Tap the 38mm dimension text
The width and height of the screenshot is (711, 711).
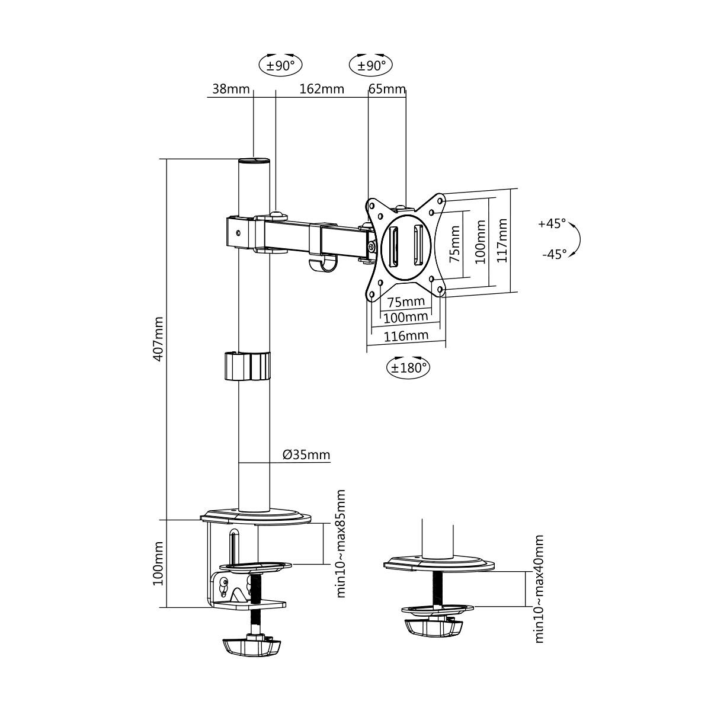click(230, 89)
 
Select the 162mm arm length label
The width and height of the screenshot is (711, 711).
click(321, 89)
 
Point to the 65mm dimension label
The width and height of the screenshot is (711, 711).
click(387, 89)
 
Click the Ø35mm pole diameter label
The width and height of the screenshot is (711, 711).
click(306, 455)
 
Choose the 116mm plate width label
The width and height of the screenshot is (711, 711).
click(406, 336)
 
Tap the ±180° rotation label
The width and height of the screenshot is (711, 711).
click(408, 367)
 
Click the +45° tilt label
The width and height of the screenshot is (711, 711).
click(552, 224)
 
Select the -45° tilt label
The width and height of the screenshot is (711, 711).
click(554, 254)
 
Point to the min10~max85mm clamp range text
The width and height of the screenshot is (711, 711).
click(340, 543)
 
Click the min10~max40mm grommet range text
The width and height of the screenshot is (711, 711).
click(539, 588)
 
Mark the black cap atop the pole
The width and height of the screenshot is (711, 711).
click(253, 161)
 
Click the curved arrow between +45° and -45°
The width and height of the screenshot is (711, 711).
click(577, 239)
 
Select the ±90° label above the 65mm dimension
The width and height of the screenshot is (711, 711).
click(371, 65)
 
